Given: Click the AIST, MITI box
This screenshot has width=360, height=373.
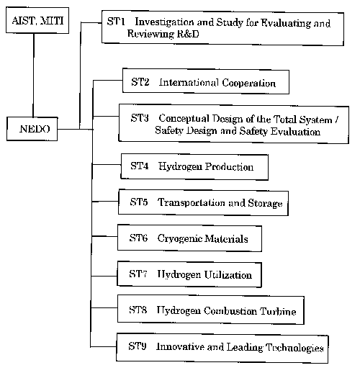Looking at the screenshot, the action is click(37, 20).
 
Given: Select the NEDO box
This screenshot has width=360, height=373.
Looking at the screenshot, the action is click(32, 129).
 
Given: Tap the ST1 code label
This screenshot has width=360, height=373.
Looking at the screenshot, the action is click(116, 22).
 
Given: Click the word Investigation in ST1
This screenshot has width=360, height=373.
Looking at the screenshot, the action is click(164, 22).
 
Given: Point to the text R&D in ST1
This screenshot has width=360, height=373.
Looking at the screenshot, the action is click(188, 34).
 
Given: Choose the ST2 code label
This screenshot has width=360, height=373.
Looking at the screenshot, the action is click(140, 82).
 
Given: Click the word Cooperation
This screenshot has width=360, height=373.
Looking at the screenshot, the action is click(248, 83).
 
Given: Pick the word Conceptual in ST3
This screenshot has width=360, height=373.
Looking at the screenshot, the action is click(184, 119).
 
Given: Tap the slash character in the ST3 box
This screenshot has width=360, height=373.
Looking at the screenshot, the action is click(337, 120).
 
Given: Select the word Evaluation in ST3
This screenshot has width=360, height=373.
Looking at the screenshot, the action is click(295, 132).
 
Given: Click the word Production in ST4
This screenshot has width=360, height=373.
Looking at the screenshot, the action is click(230, 166).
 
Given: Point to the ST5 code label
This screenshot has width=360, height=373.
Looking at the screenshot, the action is click(139, 202).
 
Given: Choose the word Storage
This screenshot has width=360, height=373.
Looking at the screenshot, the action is click(265, 204).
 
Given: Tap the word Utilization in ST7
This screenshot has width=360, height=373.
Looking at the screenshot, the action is click(228, 274).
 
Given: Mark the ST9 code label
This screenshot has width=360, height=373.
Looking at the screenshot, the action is click(138, 346).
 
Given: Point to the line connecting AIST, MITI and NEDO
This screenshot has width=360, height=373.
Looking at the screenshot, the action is click(33, 75).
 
